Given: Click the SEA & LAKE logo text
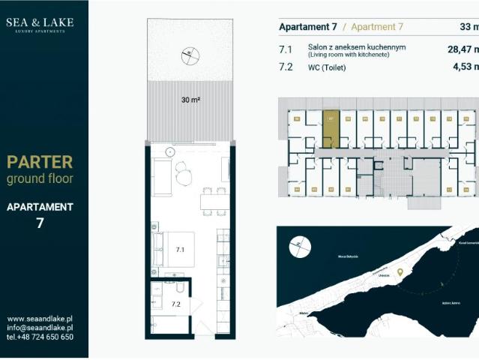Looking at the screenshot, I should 40,22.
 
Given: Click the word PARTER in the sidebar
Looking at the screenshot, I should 40,162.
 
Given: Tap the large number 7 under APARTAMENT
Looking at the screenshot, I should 40,223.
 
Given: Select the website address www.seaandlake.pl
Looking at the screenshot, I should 40,318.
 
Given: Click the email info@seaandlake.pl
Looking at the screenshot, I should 40,328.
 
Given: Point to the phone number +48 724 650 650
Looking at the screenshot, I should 40,337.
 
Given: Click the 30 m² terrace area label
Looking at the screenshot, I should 190,99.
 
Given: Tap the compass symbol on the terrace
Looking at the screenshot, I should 191,55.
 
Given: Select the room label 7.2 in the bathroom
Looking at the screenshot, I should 175,304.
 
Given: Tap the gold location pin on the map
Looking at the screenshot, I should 400,272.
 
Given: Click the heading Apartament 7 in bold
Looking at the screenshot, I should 307,27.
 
